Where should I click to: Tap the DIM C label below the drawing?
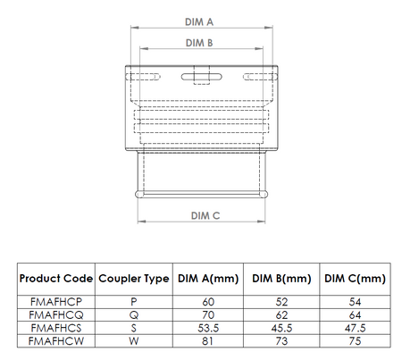point(203,215)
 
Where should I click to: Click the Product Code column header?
point(55,279)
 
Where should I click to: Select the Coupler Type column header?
point(133,279)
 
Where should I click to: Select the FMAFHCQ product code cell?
point(55,315)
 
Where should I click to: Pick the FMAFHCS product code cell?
point(55,328)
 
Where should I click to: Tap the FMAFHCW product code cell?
point(55,340)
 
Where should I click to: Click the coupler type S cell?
point(133,328)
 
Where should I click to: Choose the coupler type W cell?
point(133,340)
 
